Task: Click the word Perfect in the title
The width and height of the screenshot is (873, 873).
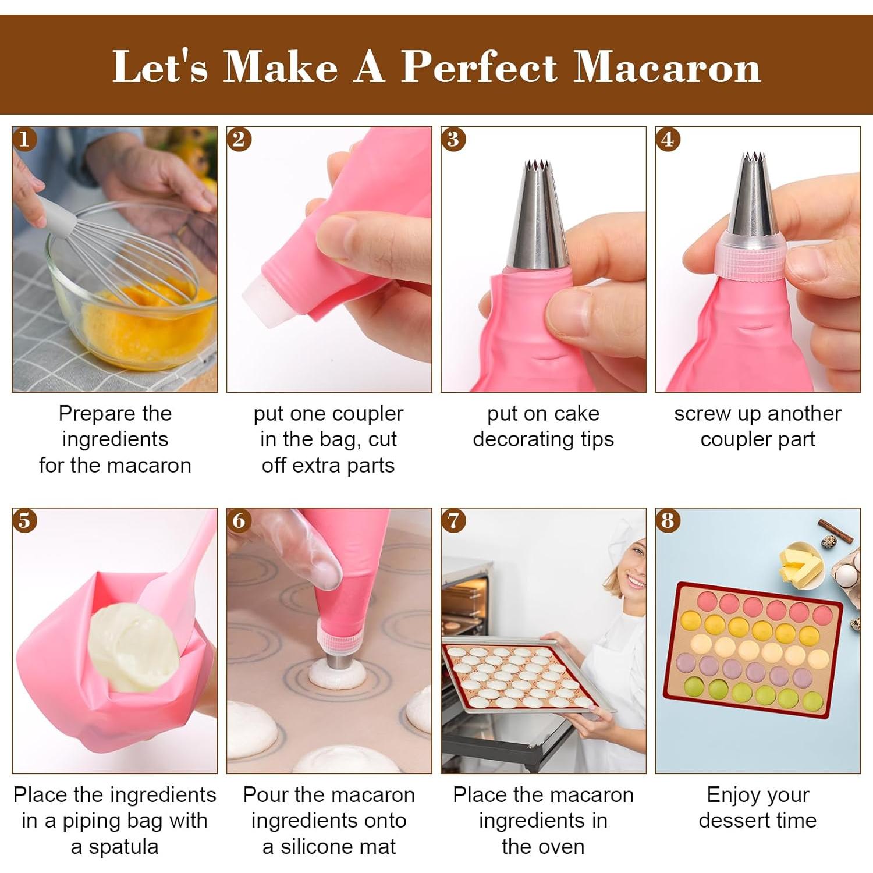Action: (480, 67)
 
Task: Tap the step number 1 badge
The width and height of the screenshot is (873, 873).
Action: (24, 139)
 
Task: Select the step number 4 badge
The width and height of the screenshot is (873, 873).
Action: (668, 139)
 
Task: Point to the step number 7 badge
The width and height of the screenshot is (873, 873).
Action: (453, 520)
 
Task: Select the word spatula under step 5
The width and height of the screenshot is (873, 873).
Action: (123, 847)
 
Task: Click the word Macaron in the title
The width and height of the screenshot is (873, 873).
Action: (667, 67)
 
